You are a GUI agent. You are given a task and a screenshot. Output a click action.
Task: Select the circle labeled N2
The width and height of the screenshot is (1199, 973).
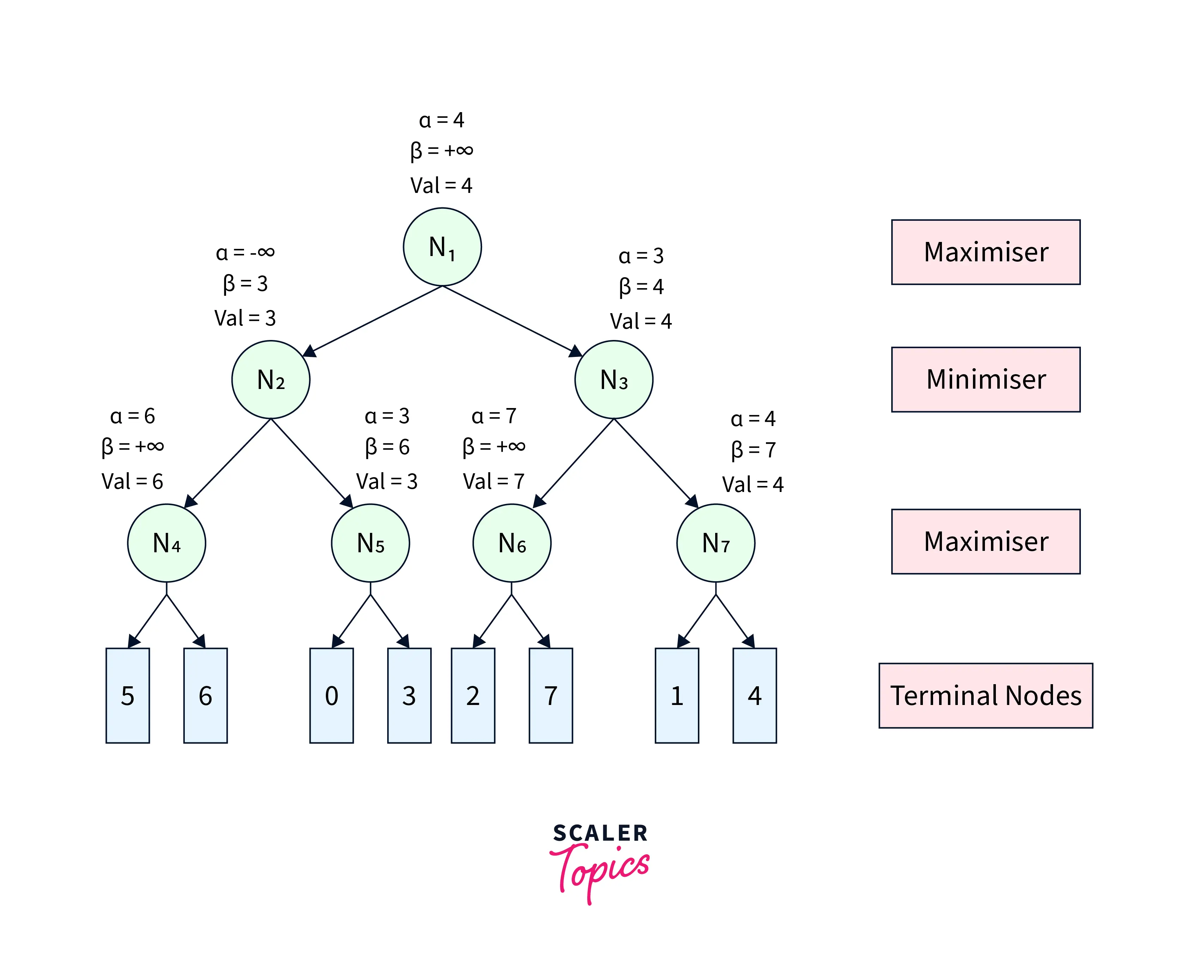pyautogui.click(x=271, y=379)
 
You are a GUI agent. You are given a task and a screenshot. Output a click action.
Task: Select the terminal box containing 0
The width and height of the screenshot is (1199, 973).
pyautogui.click(x=331, y=695)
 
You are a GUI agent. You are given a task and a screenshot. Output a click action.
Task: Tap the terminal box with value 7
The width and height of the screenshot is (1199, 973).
pyautogui.click(x=550, y=695)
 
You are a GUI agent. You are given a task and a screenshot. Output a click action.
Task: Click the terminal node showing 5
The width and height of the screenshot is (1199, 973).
pyautogui.click(x=128, y=695)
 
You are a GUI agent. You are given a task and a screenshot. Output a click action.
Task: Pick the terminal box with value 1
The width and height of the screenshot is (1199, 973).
pyautogui.click(x=677, y=695)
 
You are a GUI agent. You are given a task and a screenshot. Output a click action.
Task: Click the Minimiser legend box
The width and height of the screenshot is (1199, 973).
pyautogui.click(x=985, y=379)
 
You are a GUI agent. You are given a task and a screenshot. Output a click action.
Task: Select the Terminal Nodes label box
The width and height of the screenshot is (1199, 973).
pyautogui.click(x=985, y=695)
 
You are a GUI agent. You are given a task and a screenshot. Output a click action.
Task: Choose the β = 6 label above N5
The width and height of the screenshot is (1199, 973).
pyautogui.click(x=387, y=447)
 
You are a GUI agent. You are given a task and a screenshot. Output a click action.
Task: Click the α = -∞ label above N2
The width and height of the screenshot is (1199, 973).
pyautogui.click(x=245, y=253)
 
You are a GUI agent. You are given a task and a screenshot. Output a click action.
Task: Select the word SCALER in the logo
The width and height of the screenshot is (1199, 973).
pyautogui.click(x=600, y=833)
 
